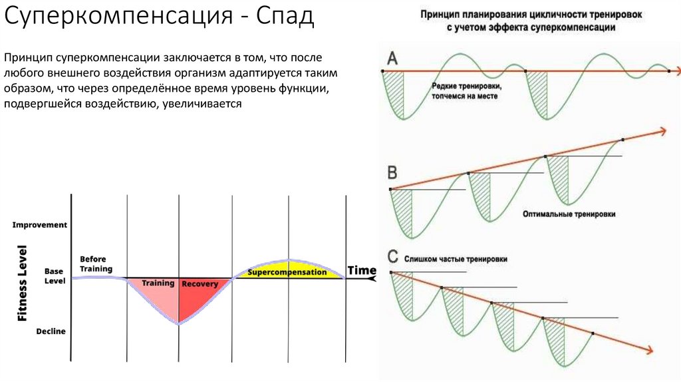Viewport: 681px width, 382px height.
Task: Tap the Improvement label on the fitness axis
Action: (x=40, y=225)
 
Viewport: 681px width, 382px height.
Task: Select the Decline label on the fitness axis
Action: (x=51, y=331)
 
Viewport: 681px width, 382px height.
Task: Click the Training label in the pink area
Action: (x=158, y=283)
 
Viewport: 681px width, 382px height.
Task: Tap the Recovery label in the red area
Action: (x=200, y=284)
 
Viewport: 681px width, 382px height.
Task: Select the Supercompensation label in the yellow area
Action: (x=287, y=272)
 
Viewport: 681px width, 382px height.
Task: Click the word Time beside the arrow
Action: (x=362, y=271)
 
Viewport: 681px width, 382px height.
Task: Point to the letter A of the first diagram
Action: (x=392, y=59)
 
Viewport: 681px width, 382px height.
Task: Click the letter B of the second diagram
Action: (x=392, y=173)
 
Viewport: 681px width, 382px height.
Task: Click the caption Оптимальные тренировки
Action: (x=569, y=214)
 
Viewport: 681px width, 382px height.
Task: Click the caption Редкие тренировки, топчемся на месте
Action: (x=466, y=91)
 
